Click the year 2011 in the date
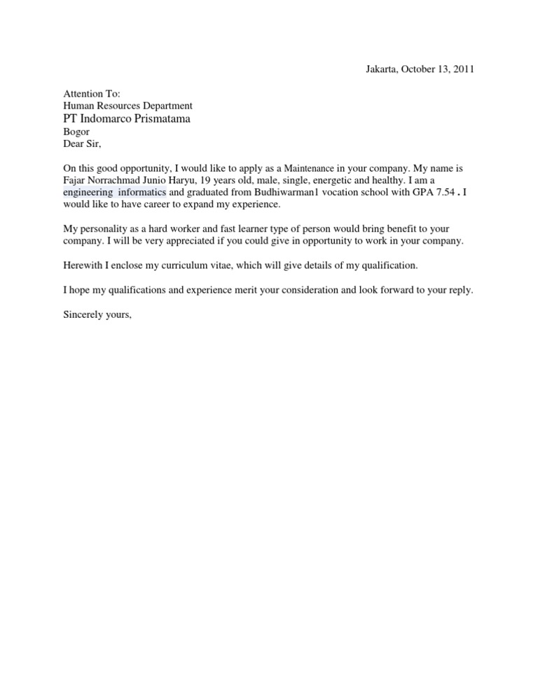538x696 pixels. [463, 69]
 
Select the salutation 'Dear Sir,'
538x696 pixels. [82, 144]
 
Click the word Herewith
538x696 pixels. [84, 265]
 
